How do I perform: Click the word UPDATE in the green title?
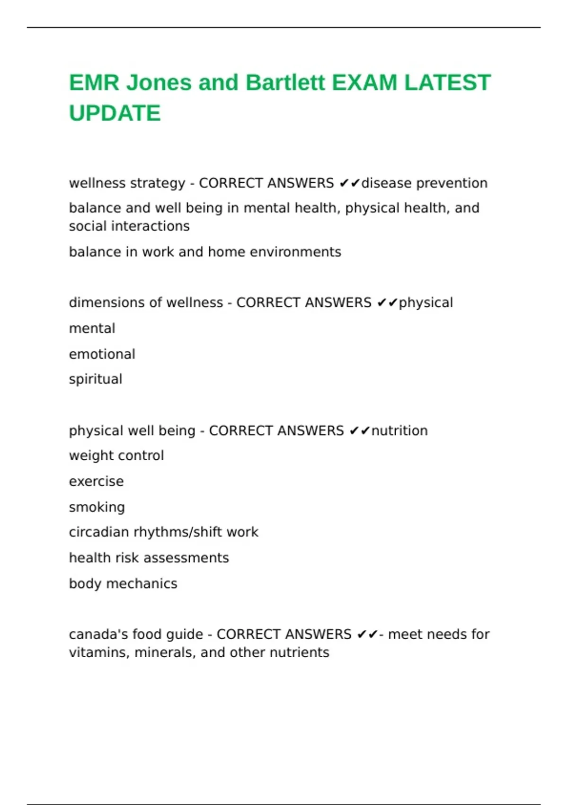point(115,113)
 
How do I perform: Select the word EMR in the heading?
point(94,83)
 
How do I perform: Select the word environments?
point(295,252)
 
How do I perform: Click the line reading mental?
point(92,328)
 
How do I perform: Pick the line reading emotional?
point(102,354)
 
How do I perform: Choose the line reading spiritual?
point(96,379)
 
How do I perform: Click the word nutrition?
point(399,431)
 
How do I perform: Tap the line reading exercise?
point(96,482)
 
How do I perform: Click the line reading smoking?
point(97,507)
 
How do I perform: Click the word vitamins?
point(99,653)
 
